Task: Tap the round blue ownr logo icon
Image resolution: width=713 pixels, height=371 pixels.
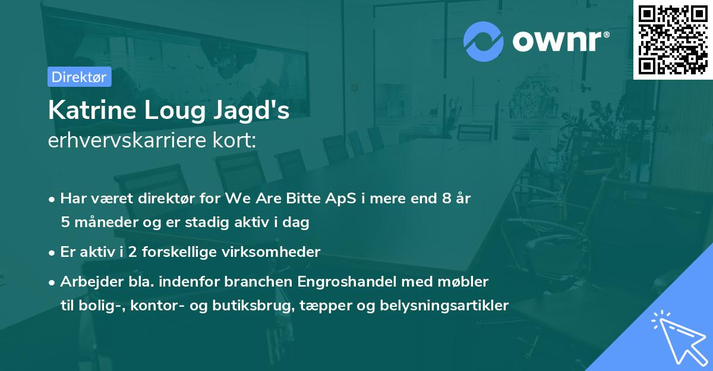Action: tap(483, 42)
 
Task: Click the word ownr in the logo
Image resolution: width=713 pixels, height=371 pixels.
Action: tap(558, 42)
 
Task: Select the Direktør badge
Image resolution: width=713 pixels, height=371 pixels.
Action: tap(79, 77)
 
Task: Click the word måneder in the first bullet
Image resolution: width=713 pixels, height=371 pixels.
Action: tap(100, 223)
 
